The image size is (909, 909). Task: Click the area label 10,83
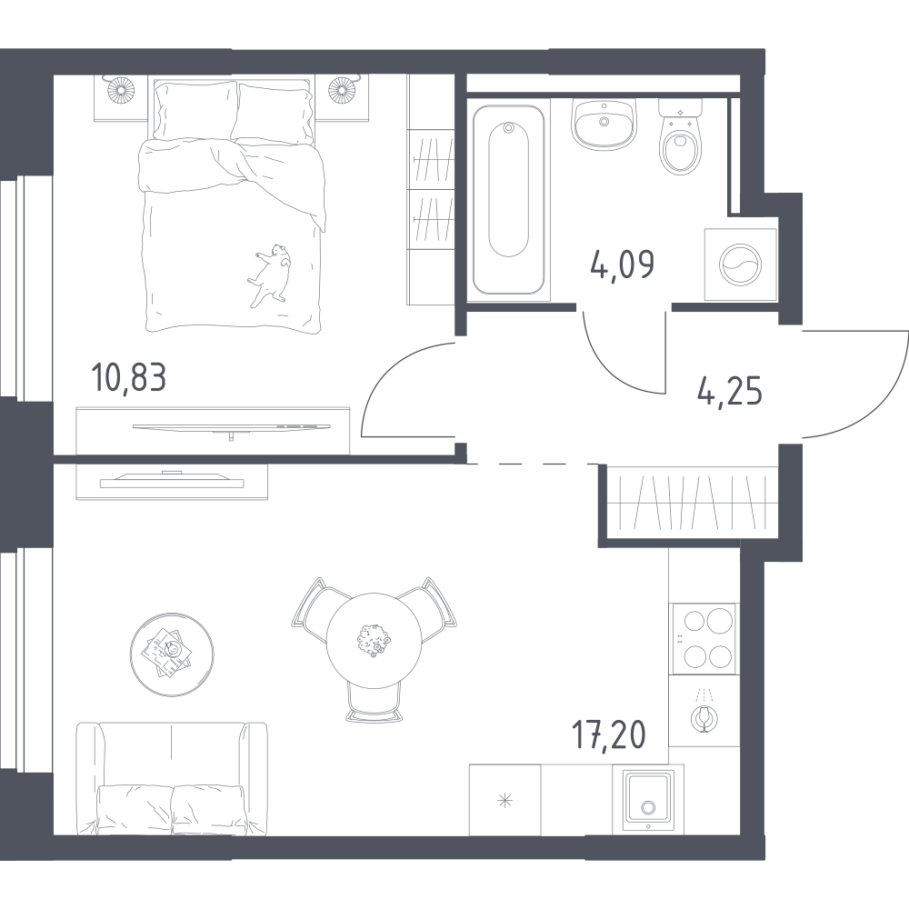129,377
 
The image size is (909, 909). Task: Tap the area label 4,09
623,265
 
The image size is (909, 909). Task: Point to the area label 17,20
609,735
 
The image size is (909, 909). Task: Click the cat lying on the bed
270,275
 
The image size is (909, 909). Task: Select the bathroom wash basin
604,124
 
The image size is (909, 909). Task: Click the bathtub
508,200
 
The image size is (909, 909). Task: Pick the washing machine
740,265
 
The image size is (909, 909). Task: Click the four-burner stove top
704,639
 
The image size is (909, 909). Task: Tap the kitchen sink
648,801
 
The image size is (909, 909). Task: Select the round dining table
374,639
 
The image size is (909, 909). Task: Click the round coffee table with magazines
172,652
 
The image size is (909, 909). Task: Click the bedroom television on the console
231,428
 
